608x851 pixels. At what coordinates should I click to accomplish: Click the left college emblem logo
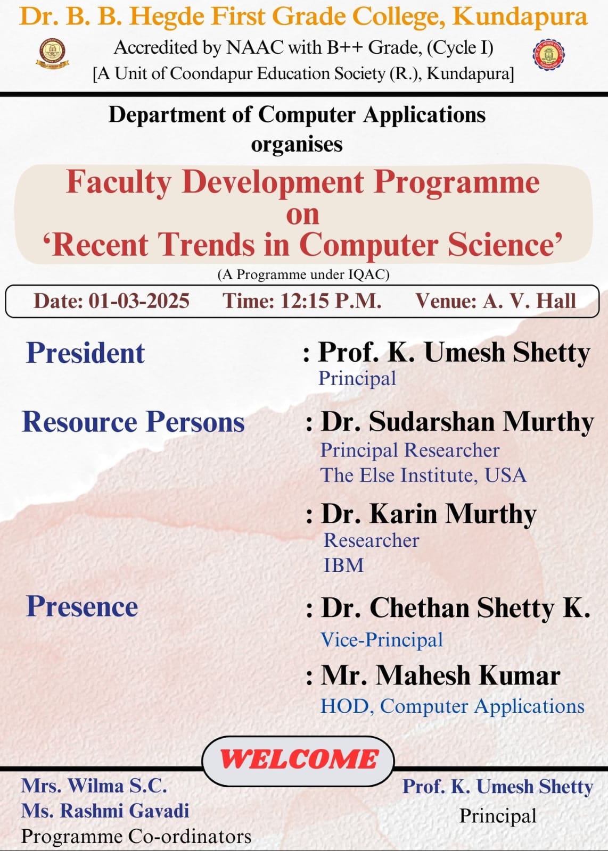pyautogui.click(x=53, y=54)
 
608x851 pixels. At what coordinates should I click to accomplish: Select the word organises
pyautogui.click(x=297, y=145)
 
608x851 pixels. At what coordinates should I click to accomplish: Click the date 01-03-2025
pyautogui.click(x=139, y=301)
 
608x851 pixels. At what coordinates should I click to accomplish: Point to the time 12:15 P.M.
pyautogui.click(x=331, y=301)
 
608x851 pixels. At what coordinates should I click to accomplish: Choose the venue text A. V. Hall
pyautogui.click(x=529, y=301)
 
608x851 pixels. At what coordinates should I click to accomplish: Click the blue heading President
pyautogui.click(x=85, y=353)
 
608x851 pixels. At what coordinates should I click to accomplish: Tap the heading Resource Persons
pyautogui.click(x=133, y=422)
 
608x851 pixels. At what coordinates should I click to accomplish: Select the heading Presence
pyautogui.click(x=82, y=606)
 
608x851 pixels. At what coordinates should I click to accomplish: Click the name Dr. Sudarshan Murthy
pyautogui.click(x=457, y=422)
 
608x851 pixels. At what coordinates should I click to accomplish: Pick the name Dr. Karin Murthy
pyautogui.click(x=429, y=514)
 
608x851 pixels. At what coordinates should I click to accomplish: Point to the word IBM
pyautogui.click(x=343, y=565)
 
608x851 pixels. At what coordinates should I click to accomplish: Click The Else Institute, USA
pyautogui.click(x=423, y=475)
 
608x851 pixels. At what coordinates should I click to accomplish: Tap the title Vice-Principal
pyautogui.click(x=382, y=640)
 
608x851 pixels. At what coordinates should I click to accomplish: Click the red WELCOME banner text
pyautogui.click(x=299, y=760)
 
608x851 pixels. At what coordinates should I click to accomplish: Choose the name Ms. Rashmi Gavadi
pyautogui.click(x=105, y=811)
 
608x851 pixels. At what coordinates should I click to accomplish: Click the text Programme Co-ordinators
pyautogui.click(x=136, y=836)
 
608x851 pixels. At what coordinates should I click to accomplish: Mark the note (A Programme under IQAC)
pyautogui.click(x=303, y=274)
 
